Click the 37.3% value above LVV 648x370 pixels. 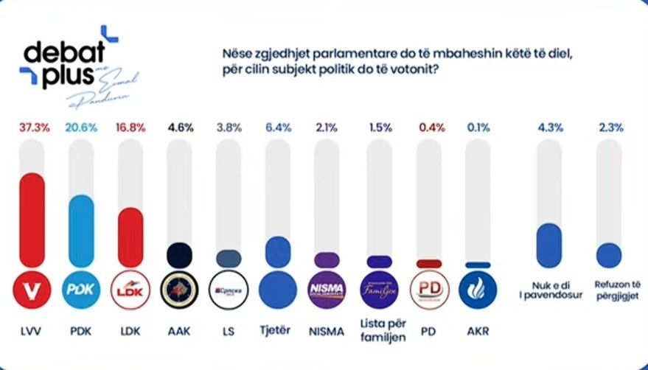click(35, 128)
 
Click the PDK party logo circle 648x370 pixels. click(82, 289)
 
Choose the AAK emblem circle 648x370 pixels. click(179, 289)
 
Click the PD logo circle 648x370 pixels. click(429, 289)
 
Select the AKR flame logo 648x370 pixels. click(477, 289)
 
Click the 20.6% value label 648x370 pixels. click(82, 128)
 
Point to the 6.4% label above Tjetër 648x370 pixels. click(276, 128)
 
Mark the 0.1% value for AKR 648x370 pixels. click(477, 128)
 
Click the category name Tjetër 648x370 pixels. click(276, 331)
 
